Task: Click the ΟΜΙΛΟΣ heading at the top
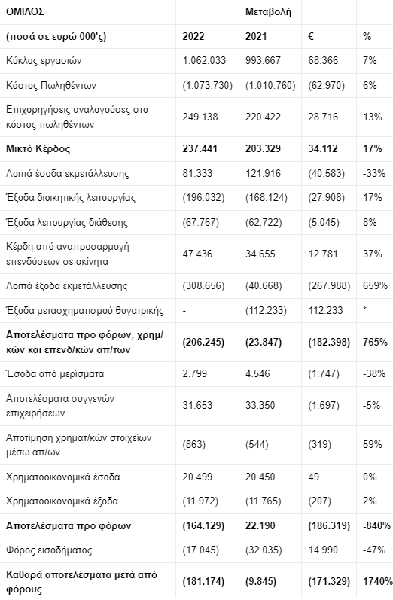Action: point(25,12)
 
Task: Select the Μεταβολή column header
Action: point(268,12)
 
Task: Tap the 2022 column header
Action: point(193,37)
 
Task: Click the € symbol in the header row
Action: point(311,37)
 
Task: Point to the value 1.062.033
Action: point(204,61)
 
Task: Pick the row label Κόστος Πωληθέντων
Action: point(51,85)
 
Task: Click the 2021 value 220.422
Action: point(263,117)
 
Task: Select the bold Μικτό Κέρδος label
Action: point(38,149)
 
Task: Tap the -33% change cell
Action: point(374,174)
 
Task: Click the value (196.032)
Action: point(203,198)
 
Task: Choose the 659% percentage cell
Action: point(375,286)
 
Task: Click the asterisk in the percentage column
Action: point(365,309)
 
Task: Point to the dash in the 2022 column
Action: point(184,311)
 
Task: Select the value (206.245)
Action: point(203,342)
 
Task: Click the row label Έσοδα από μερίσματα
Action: point(55,374)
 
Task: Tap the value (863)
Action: point(194,445)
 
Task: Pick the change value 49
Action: point(314,477)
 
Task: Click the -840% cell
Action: point(376,525)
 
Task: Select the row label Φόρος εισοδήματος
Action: point(49,550)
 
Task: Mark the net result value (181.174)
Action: point(203,582)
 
